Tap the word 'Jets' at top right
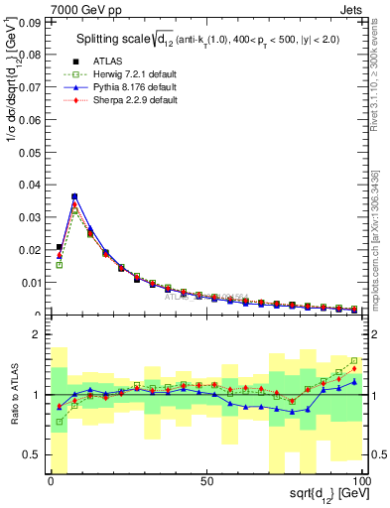click(x=354, y=7)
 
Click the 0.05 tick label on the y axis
click(x=31, y=151)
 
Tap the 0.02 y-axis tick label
click(x=31, y=249)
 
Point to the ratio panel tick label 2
click(x=38, y=335)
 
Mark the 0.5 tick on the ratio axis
click(x=33, y=454)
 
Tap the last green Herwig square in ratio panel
click(x=354, y=361)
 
